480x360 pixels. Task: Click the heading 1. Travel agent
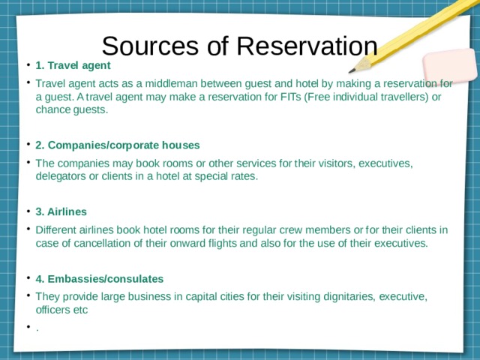tap(73, 65)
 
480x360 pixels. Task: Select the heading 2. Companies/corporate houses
tap(117, 145)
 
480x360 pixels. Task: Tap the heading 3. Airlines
tap(61, 211)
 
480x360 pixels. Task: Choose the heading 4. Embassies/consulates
tap(99, 279)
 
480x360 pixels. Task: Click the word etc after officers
tap(79, 310)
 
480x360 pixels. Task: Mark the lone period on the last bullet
tap(37, 327)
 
